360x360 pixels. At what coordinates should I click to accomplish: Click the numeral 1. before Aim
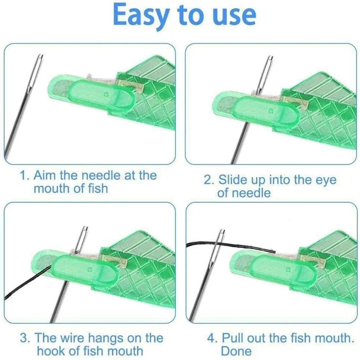pyautogui.click(x=25, y=176)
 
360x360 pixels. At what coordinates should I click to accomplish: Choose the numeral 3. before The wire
pyautogui.click(x=25, y=338)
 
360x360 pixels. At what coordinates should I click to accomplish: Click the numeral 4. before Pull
pyautogui.click(x=212, y=338)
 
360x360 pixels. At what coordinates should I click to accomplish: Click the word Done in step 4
pyautogui.click(x=236, y=351)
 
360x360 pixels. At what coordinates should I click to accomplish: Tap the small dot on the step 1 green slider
pyautogui.click(x=106, y=94)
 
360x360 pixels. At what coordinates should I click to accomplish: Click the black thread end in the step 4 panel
pyautogui.click(x=274, y=251)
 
